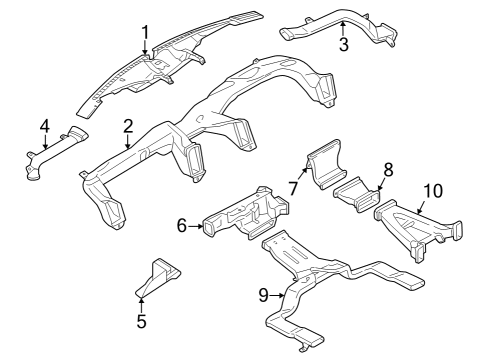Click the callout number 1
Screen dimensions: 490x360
(145, 33)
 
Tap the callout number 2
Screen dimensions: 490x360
(128, 126)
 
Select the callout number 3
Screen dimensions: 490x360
(344, 44)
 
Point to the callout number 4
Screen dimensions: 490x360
(45, 126)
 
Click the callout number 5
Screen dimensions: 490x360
(142, 321)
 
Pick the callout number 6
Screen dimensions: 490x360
(182, 226)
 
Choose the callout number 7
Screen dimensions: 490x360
(293, 189)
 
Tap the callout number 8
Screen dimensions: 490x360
(388, 170)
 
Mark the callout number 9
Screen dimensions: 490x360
(263, 295)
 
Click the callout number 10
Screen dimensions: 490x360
(433, 191)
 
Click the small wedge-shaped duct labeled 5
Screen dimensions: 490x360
(157, 277)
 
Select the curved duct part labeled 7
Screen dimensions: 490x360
(326, 164)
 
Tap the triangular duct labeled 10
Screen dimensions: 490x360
(418, 230)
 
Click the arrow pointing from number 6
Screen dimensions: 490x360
(195, 226)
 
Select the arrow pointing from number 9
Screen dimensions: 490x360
(277, 295)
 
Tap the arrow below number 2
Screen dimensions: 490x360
(128, 141)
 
